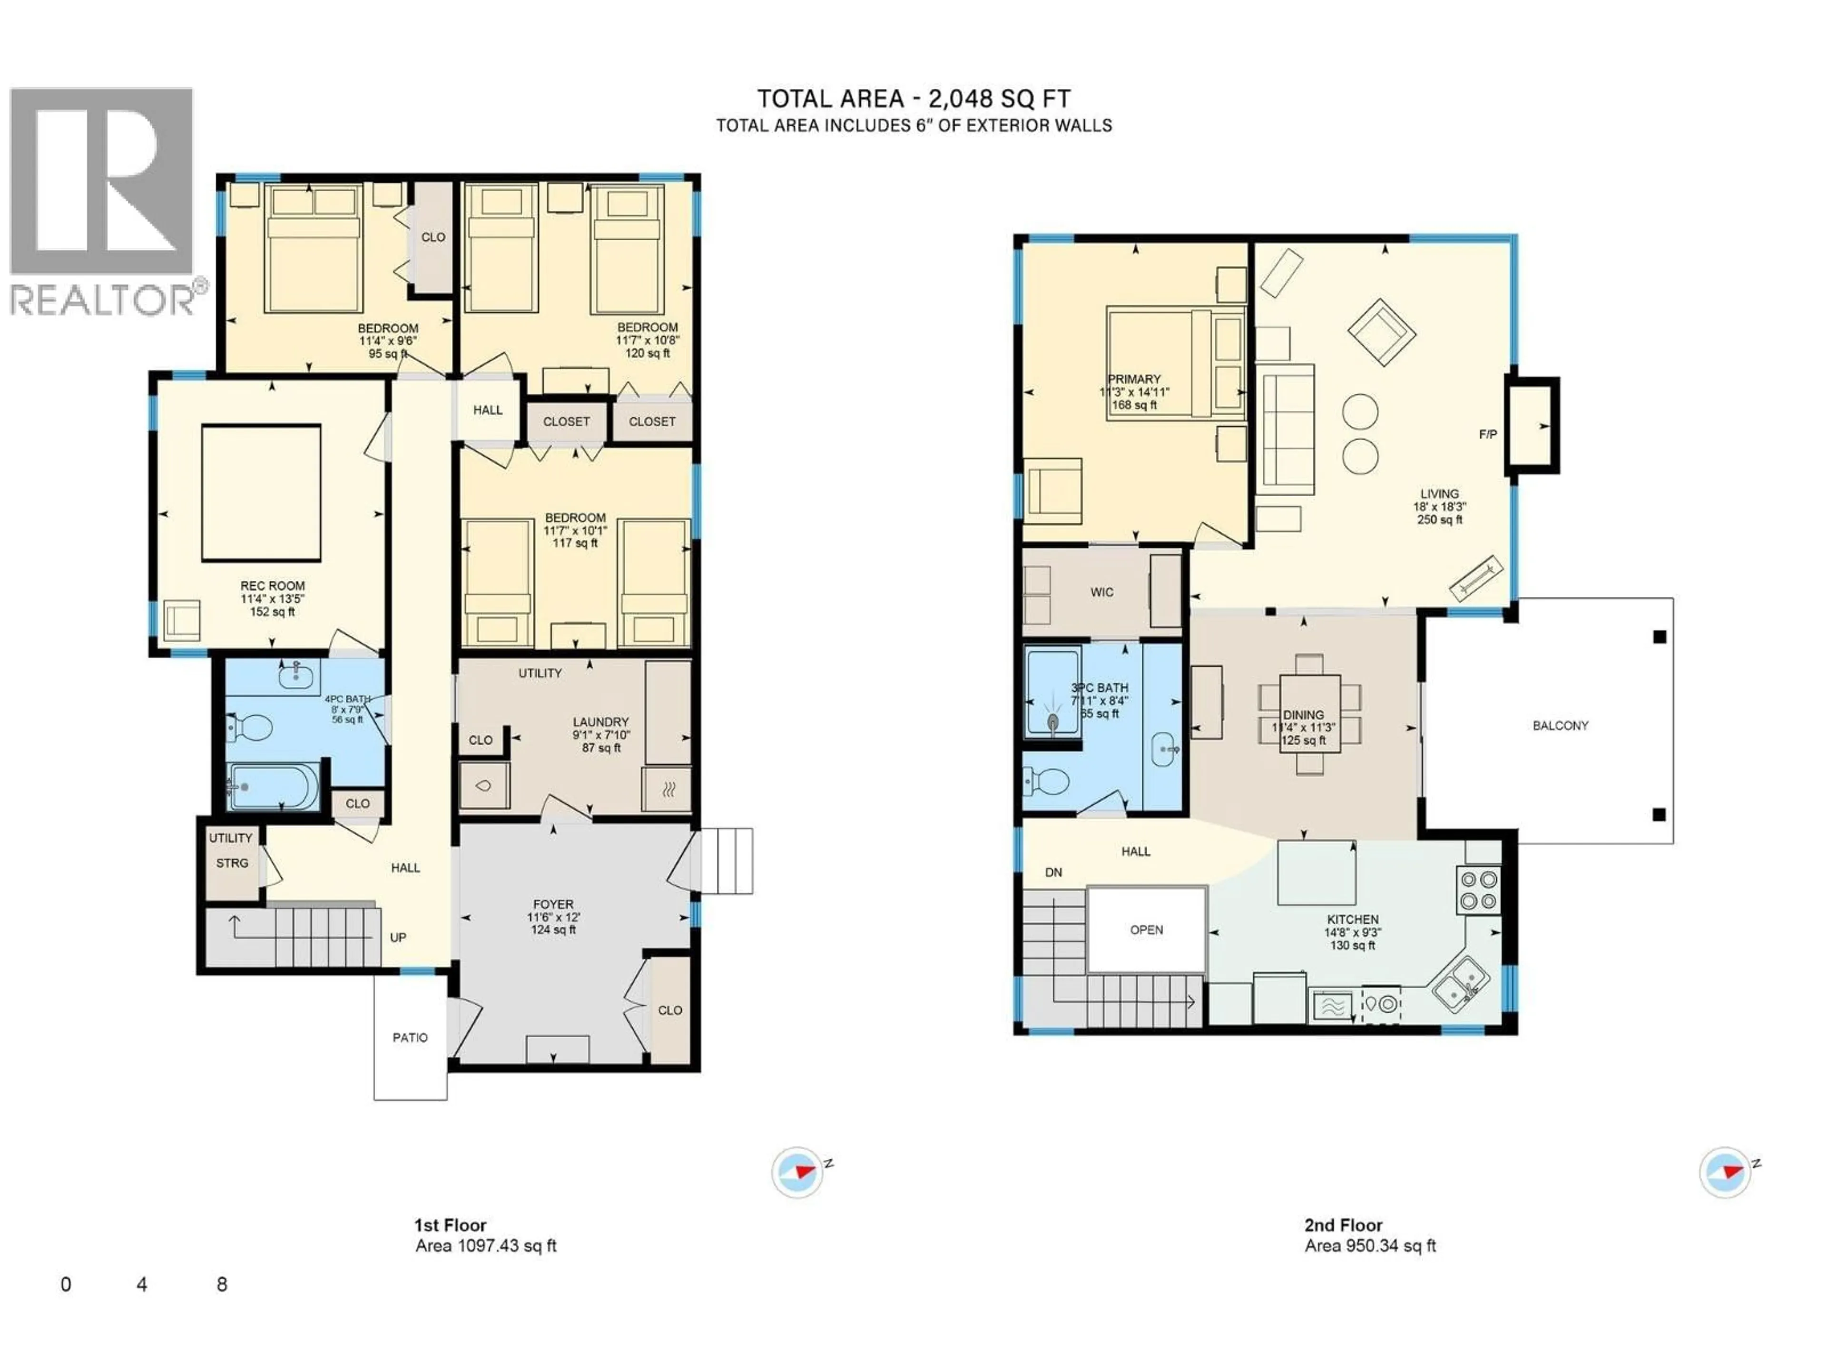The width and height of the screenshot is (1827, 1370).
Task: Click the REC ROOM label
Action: tap(273, 586)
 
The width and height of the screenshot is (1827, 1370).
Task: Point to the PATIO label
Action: tap(410, 1037)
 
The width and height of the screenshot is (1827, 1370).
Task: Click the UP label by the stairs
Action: tap(398, 937)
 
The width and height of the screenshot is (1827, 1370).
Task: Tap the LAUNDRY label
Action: tap(600, 722)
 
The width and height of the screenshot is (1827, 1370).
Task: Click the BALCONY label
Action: tap(1560, 726)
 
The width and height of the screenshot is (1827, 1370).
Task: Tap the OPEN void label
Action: tap(1147, 930)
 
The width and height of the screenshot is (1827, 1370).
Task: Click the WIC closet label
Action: tap(1102, 592)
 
